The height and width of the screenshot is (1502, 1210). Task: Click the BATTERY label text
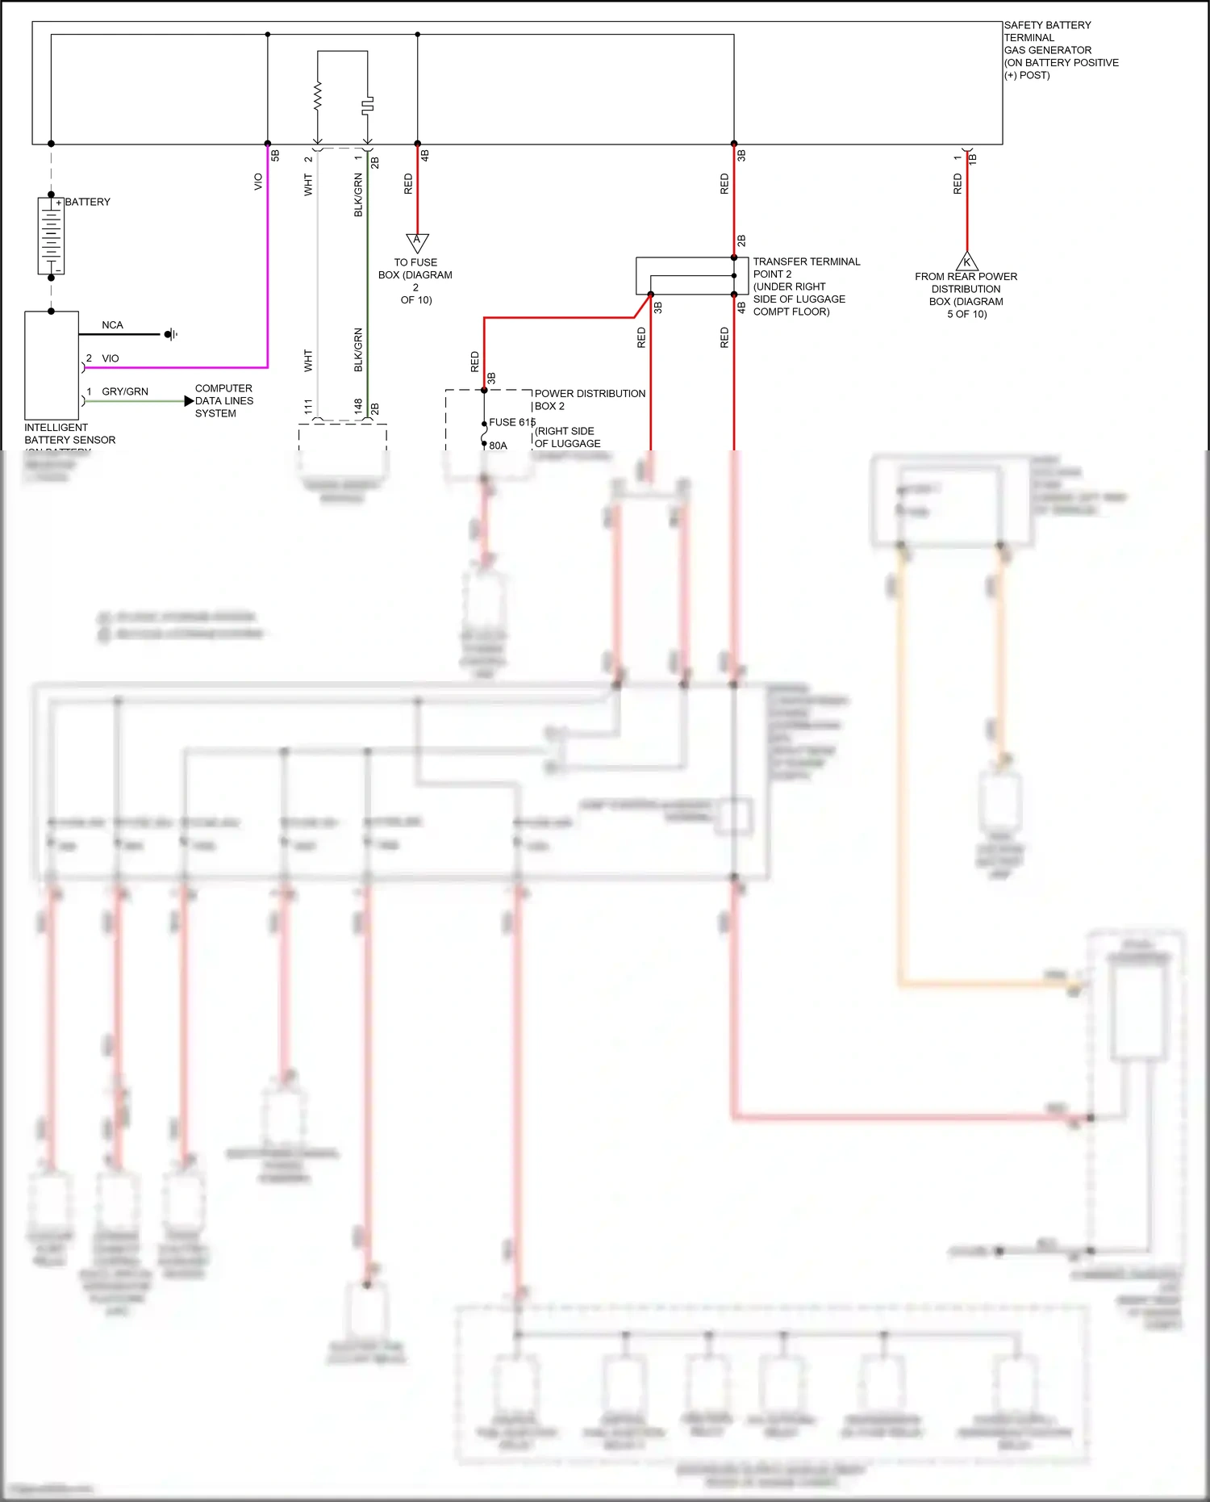[87, 202]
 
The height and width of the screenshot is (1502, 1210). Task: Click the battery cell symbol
[51, 236]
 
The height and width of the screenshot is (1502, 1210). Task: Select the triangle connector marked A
[417, 241]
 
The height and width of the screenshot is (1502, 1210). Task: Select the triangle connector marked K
[966, 262]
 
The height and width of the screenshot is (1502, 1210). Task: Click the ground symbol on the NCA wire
[171, 334]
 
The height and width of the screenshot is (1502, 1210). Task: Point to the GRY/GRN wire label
[124, 391]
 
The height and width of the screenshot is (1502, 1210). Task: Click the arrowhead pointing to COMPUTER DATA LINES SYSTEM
[189, 401]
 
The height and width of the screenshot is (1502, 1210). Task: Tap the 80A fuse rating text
[498, 446]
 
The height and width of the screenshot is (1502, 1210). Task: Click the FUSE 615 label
[511, 422]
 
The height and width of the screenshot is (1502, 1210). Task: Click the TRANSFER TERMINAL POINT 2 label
[806, 268]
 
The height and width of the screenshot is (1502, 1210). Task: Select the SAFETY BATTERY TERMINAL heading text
[1047, 31]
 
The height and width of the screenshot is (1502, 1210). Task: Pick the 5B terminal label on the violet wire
[275, 155]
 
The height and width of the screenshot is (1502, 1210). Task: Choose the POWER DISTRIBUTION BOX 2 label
[589, 400]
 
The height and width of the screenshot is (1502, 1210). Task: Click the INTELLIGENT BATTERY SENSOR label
[69, 433]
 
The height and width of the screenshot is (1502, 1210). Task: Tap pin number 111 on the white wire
[308, 407]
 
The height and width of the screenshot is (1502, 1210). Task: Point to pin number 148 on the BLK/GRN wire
[358, 407]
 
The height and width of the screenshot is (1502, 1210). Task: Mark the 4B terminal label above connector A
[425, 155]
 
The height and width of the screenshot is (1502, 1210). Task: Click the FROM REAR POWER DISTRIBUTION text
[966, 282]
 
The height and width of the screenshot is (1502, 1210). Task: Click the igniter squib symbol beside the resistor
[368, 105]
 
